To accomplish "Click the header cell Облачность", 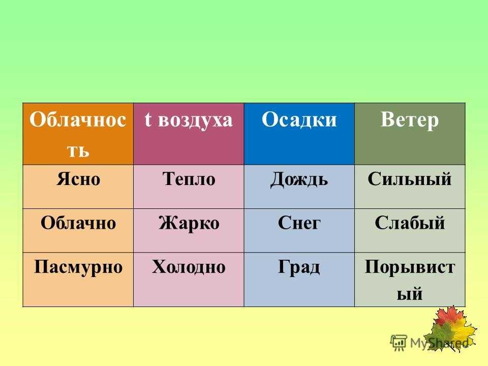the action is (x=78, y=134).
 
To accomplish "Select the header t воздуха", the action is (x=189, y=134).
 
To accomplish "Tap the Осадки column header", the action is (x=299, y=134).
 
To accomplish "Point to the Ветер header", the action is (x=410, y=134).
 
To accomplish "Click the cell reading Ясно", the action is (x=78, y=187).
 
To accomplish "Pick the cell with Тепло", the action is (x=189, y=187).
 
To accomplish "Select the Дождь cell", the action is (x=299, y=187).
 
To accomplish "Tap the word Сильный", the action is (x=410, y=179).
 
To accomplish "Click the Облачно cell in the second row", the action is (x=78, y=231).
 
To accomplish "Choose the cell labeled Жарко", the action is (x=189, y=231).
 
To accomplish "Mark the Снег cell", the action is (x=299, y=231).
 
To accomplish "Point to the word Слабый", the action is (x=410, y=223).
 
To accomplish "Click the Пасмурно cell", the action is (x=78, y=280).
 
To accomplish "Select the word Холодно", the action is (x=189, y=267).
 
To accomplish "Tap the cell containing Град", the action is (x=299, y=280).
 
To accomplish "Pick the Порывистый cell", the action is (x=410, y=280).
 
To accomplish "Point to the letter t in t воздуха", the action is (x=148, y=119).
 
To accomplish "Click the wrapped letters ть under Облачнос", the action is (x=78, y=151).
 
